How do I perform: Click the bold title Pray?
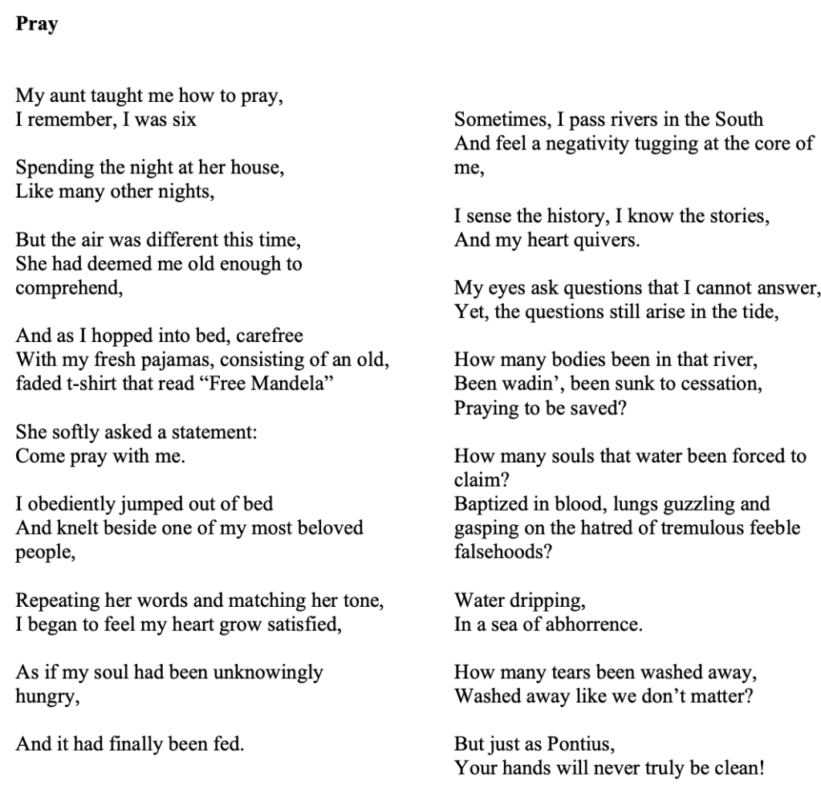tap(37, 24)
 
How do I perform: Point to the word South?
tap(735, 120)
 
